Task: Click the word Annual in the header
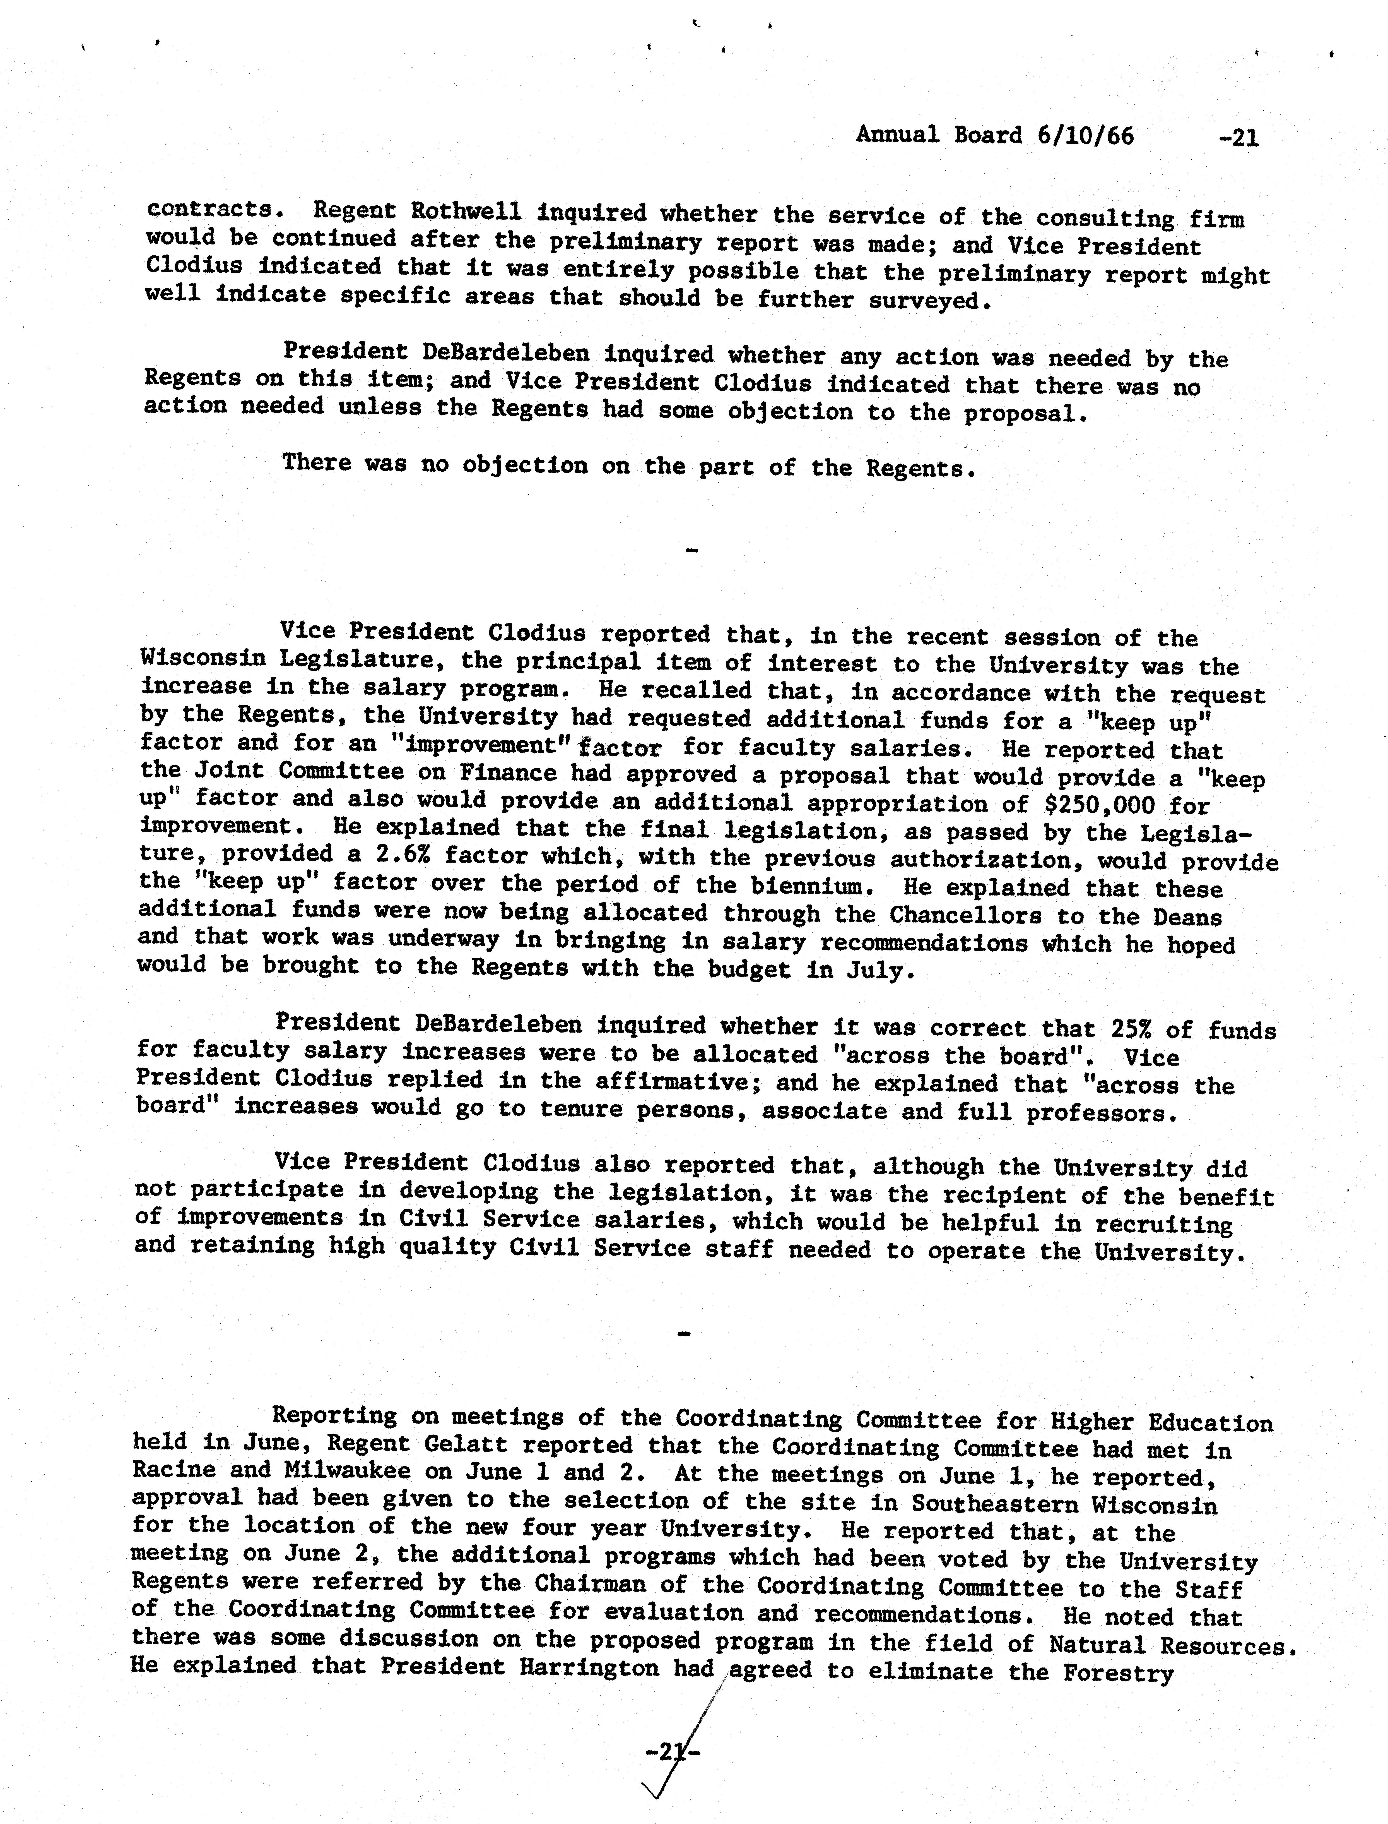click(x=897, y=134)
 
